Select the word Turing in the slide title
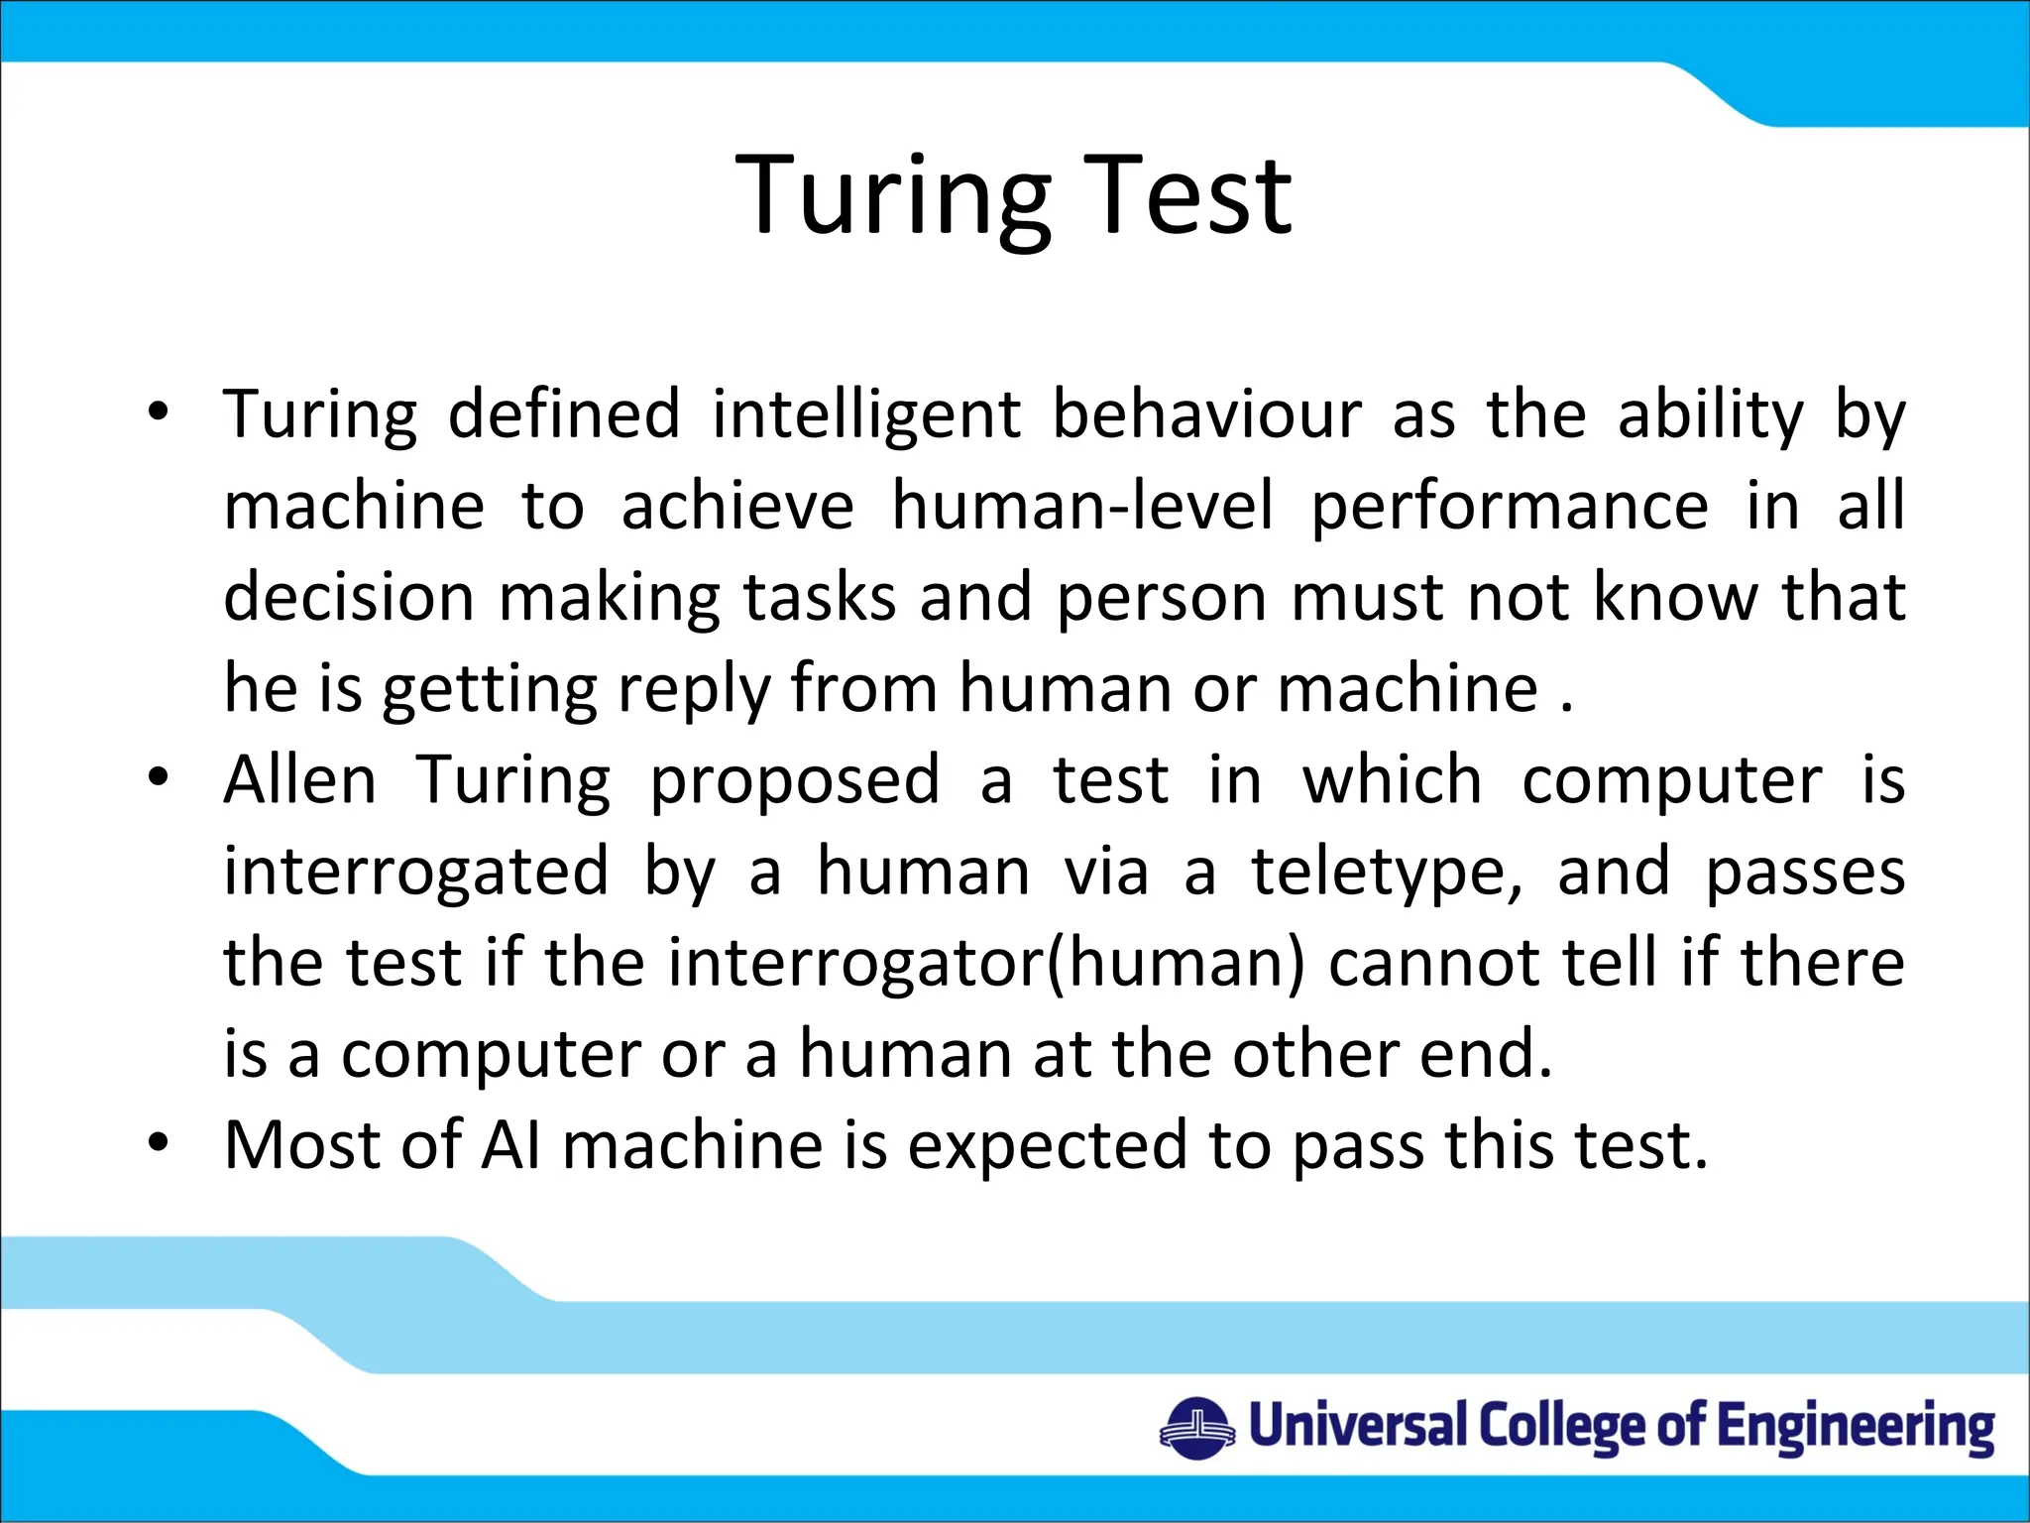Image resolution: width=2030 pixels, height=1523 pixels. coord(893,198)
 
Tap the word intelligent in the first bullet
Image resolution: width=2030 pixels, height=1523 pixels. coord(865,414)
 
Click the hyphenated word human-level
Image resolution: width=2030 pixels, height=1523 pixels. coord(1082,506)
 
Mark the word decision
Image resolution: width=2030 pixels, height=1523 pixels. coord(349,597)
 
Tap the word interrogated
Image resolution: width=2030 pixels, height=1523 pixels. coord(415,873)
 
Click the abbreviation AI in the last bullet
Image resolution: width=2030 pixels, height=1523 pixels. coord(511,1146)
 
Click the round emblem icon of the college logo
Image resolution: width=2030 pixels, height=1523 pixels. coord(1197,1428)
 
